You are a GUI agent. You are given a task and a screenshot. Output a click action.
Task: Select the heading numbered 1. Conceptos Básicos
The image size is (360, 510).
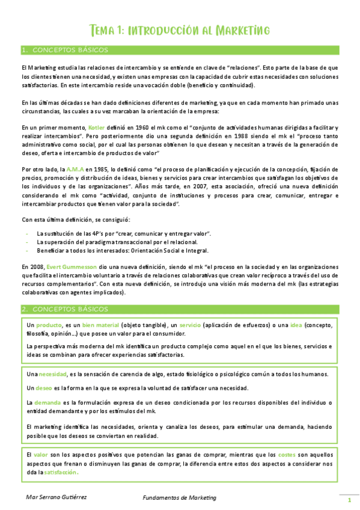click(57, 50)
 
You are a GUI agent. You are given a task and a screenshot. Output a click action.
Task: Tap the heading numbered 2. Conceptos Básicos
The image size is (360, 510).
click(58, 309)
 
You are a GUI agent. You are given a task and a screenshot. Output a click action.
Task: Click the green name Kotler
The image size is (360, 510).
click(96, 128)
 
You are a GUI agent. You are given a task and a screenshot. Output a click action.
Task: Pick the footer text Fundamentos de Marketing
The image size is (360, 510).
click(179, 497)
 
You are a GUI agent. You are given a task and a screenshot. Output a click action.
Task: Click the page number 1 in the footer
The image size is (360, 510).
click(349, 500)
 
